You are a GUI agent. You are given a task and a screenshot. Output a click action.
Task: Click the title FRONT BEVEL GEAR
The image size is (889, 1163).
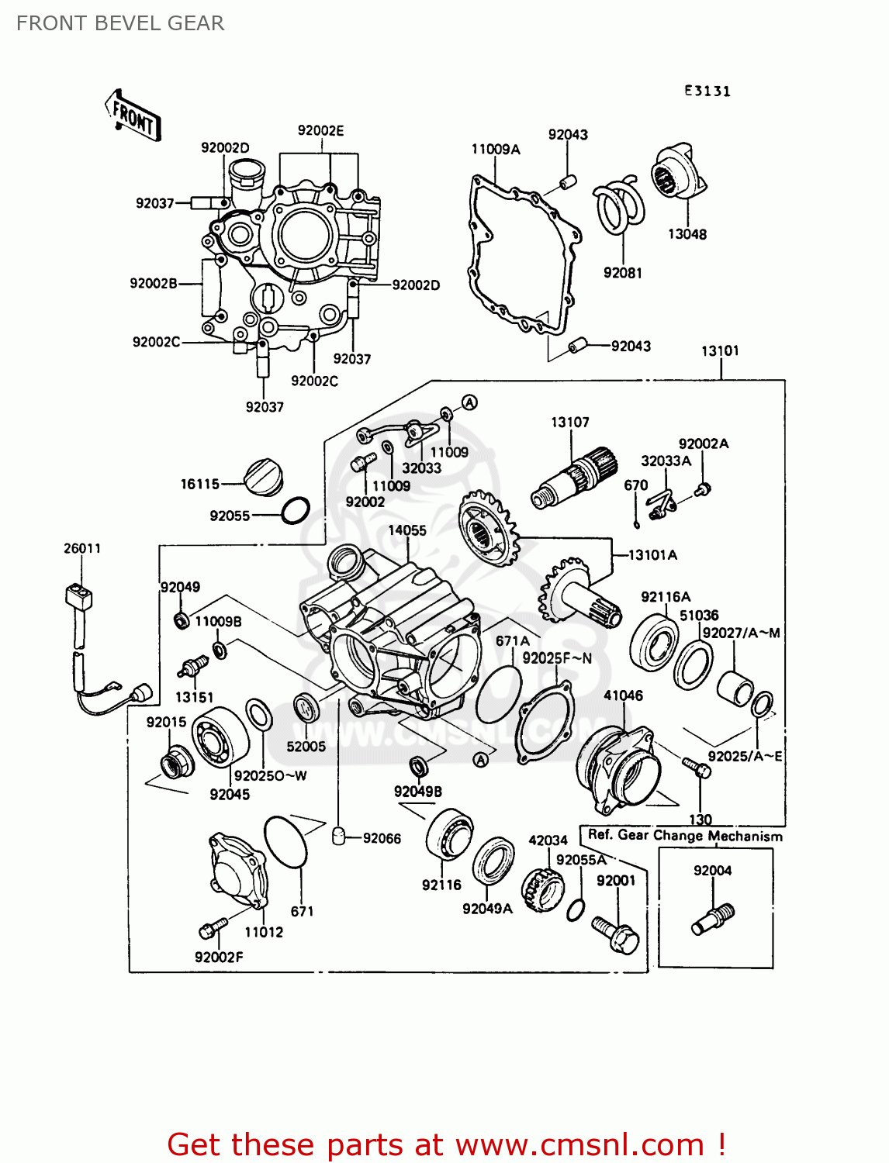pyautogui.click(x=120, y=23)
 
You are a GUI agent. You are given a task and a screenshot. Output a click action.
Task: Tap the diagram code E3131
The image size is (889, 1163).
pyautogui.click(x=707, y=91)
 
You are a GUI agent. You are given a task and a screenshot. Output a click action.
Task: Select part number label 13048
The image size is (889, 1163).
pyautogui.click(x=687, y=234)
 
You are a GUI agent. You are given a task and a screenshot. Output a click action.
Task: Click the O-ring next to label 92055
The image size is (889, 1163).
pyautogui.click(x=295, y=510)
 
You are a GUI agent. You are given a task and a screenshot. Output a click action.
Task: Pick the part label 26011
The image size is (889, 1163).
pyautogui.click(x=82, y=548)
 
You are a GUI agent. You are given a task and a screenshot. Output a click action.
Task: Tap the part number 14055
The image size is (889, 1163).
pyautogui.click(x=407, y=530)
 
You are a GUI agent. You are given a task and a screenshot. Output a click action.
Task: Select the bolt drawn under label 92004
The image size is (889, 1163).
pyautogui.click(x=713, y=919)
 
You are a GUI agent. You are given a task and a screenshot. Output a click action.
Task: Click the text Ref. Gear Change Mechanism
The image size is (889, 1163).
pyautogui.click(x=685, y=836)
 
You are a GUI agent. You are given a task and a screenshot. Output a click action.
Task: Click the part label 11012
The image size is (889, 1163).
pyautogui.click(x=264, y=932)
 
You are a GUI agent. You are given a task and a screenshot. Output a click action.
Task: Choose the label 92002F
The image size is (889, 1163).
pyautogui.click(x=219, y=957)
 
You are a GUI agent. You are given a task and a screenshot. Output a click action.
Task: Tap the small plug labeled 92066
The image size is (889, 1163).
pyautogui.click(x=338, y=837)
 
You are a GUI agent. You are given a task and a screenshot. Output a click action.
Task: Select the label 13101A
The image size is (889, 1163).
pyautogui.click(x=652, y=555)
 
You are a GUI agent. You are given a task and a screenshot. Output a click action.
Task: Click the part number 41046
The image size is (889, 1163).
pyautogui.click(x=623, y=695)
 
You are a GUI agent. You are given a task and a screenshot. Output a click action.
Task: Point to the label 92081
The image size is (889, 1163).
pyautogui.click(x=622, y=273)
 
